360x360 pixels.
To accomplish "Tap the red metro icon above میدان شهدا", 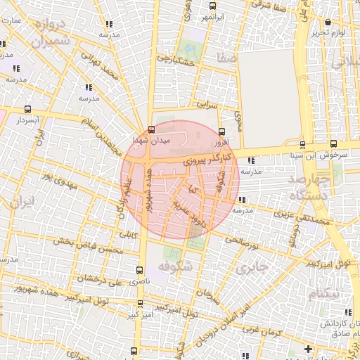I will (152, 129).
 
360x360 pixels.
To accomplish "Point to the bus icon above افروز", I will (222, 131).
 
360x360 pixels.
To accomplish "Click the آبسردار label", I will (27, 120).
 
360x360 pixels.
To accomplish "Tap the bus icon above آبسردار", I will (27, 109).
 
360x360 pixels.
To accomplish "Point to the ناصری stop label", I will (138, 281).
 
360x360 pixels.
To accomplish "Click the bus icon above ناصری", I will (139, 270).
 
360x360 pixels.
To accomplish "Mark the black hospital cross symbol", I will (307, 349).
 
